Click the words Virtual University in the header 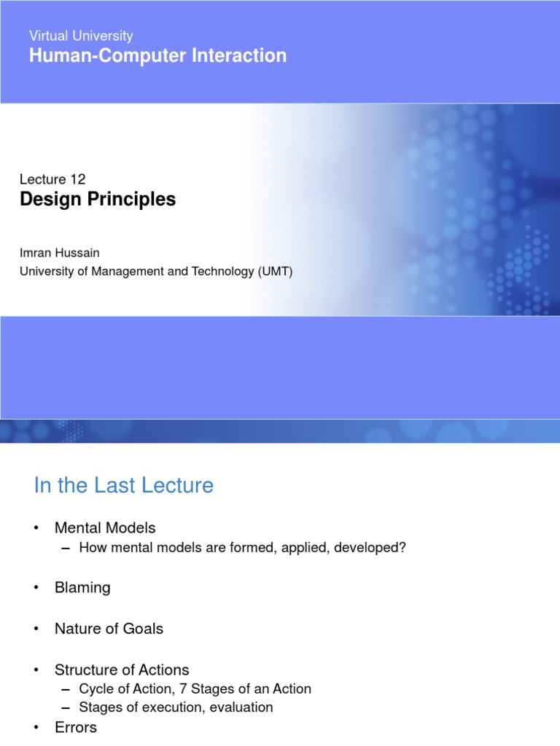(x=81, y=36)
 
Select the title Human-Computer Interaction (x=157, y=56)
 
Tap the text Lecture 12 (x=52, y=179)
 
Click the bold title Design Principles (x=98, y=199)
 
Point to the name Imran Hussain (x=60, y=253)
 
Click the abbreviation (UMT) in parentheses (x=273, y=272)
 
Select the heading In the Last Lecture (x=124, y=486)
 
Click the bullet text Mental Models (x=105, y=527)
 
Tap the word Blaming (x=82, y=587)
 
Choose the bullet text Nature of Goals (x=109, y=628)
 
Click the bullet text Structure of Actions (x=122, y=670)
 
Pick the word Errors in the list (x=76, y=727)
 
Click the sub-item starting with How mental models (x=242, y=547)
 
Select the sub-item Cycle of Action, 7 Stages (x=195, y=688)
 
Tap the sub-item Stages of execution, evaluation (x=176, y=707)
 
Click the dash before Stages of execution (x=66, y=707)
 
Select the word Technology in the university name (x=206, y=272)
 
